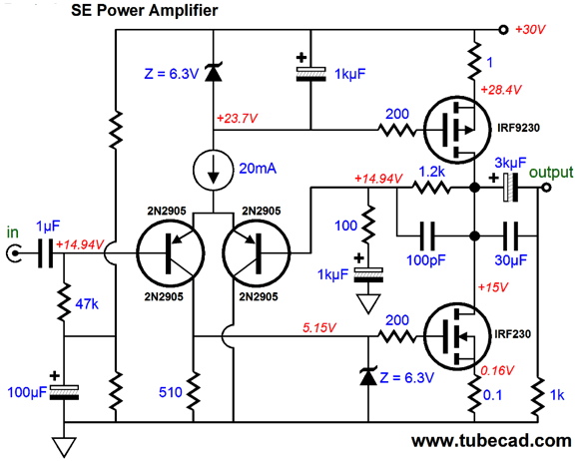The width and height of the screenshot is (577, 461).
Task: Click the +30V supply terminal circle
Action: (503, 29)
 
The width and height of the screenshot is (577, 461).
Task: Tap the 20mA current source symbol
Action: (213, 170)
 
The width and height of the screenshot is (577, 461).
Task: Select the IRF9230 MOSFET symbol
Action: (457, 130)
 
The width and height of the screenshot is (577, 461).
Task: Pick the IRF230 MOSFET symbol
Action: (457, 336)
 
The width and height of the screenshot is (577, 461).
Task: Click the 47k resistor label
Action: (87, 304)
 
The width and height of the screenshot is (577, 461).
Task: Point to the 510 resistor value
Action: (171, 392)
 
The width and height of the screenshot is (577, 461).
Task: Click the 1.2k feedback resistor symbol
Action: (431, 188)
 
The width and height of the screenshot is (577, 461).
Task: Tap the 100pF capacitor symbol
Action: (427, 235)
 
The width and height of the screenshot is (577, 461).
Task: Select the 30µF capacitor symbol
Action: (511, 235)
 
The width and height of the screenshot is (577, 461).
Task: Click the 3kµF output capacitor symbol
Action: (511, 188)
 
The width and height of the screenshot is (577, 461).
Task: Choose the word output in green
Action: (551, 173)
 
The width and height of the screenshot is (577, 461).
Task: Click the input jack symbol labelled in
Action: (14, 253)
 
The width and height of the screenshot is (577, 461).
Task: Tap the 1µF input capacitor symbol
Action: (46, 253)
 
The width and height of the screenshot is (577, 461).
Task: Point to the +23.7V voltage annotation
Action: (238, 119)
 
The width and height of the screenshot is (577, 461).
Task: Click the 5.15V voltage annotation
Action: (319, 327)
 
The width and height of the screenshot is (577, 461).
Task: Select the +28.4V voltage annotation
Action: (501, 90)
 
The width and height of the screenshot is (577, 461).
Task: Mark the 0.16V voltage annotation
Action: (497, 370)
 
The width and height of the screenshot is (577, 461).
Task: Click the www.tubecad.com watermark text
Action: (491, 441)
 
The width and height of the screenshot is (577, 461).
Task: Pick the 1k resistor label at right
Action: (557, 395)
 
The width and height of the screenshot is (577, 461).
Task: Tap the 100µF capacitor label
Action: (27, 392)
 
